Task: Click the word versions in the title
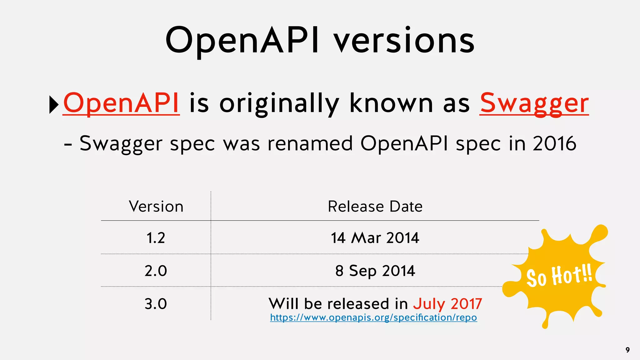click(x=404, y=41)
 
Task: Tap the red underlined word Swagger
click(x=534, y=103)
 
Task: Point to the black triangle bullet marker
click(x=54, y=105)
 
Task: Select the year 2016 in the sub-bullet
click(x=554, y=143)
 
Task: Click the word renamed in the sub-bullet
click(x=310, y=143)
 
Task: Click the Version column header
click(x=156, y=207)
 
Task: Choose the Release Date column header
click(x=375, y=207)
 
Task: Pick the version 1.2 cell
click(x=156, y=238)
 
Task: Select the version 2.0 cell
click(x=156, y=271)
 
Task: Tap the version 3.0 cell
click(x=156, y=304)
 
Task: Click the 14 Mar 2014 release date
click(x=375, y=238)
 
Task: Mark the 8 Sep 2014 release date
click(x=375, y=271)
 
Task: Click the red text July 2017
click(x=447, y=304)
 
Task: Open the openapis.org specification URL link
click(x=373, y=317)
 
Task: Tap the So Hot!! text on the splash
click(x=559, y=276)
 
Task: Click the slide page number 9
click(x=627, y=350)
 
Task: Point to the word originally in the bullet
click(x=279, y=103)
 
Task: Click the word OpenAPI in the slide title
click(x=242, y=41)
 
